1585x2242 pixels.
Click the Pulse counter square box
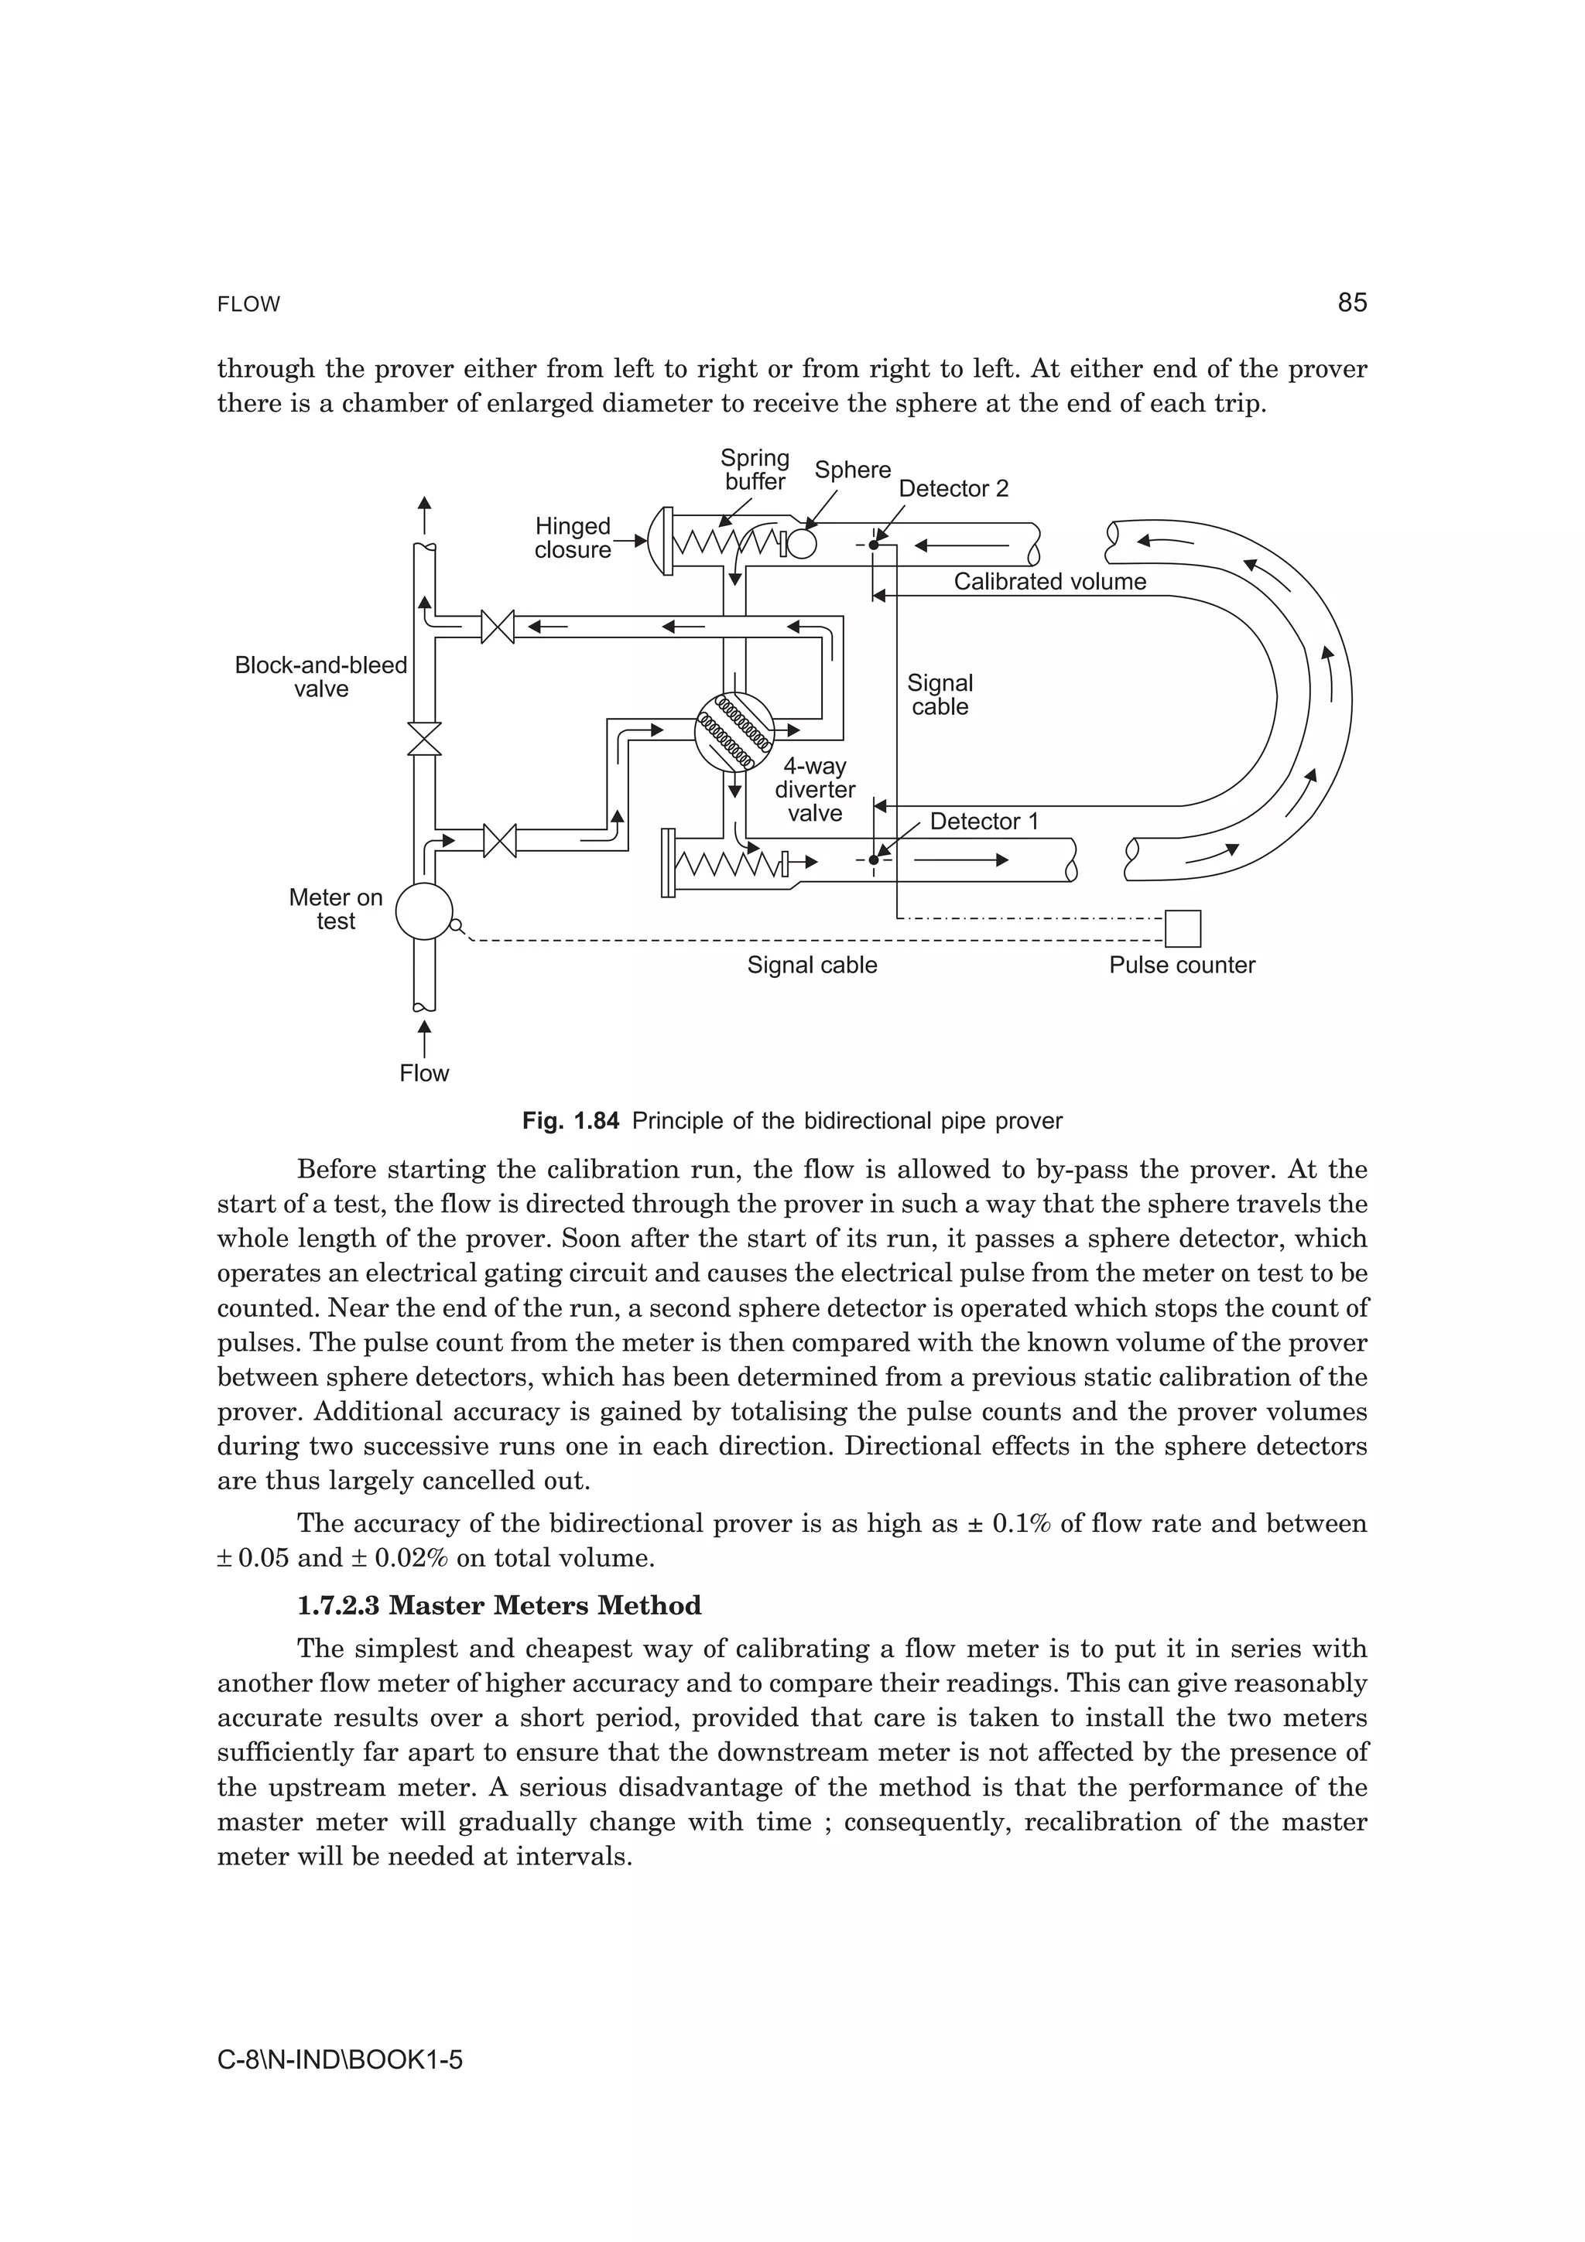tap(1183, 928)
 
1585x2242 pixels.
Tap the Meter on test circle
tap(424, 911)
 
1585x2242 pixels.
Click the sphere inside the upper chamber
tap(801, 542)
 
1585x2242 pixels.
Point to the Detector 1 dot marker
tap(874, 860)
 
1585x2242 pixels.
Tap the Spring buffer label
tap(755, 470)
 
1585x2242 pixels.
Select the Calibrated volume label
tap(1050, 582)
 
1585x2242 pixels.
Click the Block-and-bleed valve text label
tap(320, 677)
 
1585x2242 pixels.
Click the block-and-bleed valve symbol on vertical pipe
tap(424, 739)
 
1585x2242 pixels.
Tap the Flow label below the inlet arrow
tap(424, 1073)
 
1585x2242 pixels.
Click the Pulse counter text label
tap(1182, 965)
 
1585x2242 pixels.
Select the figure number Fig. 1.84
tap(570, 1121)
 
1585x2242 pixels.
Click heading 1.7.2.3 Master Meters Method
tap(499, 1606)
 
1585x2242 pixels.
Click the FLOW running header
tap(248, 305)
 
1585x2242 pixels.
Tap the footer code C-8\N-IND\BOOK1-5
tap(340, 2060)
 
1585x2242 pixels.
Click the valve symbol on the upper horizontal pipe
tap(498, 626)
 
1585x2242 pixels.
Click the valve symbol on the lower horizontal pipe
tap(500, 841)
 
